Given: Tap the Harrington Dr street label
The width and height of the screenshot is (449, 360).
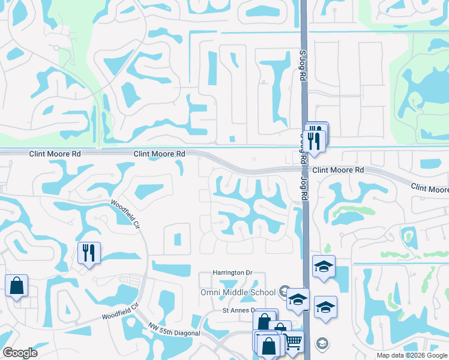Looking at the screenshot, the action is tap(232, 272).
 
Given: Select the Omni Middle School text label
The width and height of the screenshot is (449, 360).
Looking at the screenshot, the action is tap(237, 292).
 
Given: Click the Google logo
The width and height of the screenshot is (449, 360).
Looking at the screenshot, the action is tap(20, 353).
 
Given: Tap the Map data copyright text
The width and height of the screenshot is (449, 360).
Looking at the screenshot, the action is tap(412, 355).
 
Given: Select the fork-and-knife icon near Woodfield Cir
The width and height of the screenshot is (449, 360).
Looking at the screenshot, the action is tap(89, 253).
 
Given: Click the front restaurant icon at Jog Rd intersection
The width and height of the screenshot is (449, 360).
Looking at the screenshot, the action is tap(314, 140).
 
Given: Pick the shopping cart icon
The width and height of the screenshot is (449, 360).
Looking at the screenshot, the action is tap(293, 342).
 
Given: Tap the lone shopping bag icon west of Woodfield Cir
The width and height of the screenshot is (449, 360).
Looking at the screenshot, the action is tap(16, 286).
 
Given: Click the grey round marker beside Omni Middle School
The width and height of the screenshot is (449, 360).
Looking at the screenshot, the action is tap(284, 292).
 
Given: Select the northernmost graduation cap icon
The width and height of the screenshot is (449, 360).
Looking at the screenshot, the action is tap(324, 266).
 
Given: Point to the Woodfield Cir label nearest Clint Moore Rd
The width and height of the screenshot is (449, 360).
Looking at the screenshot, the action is tap(125, 212).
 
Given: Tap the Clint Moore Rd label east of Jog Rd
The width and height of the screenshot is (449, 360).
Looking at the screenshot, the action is tap(338, 170).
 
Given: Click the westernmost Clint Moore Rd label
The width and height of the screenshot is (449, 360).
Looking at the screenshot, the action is tap(55, 154).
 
